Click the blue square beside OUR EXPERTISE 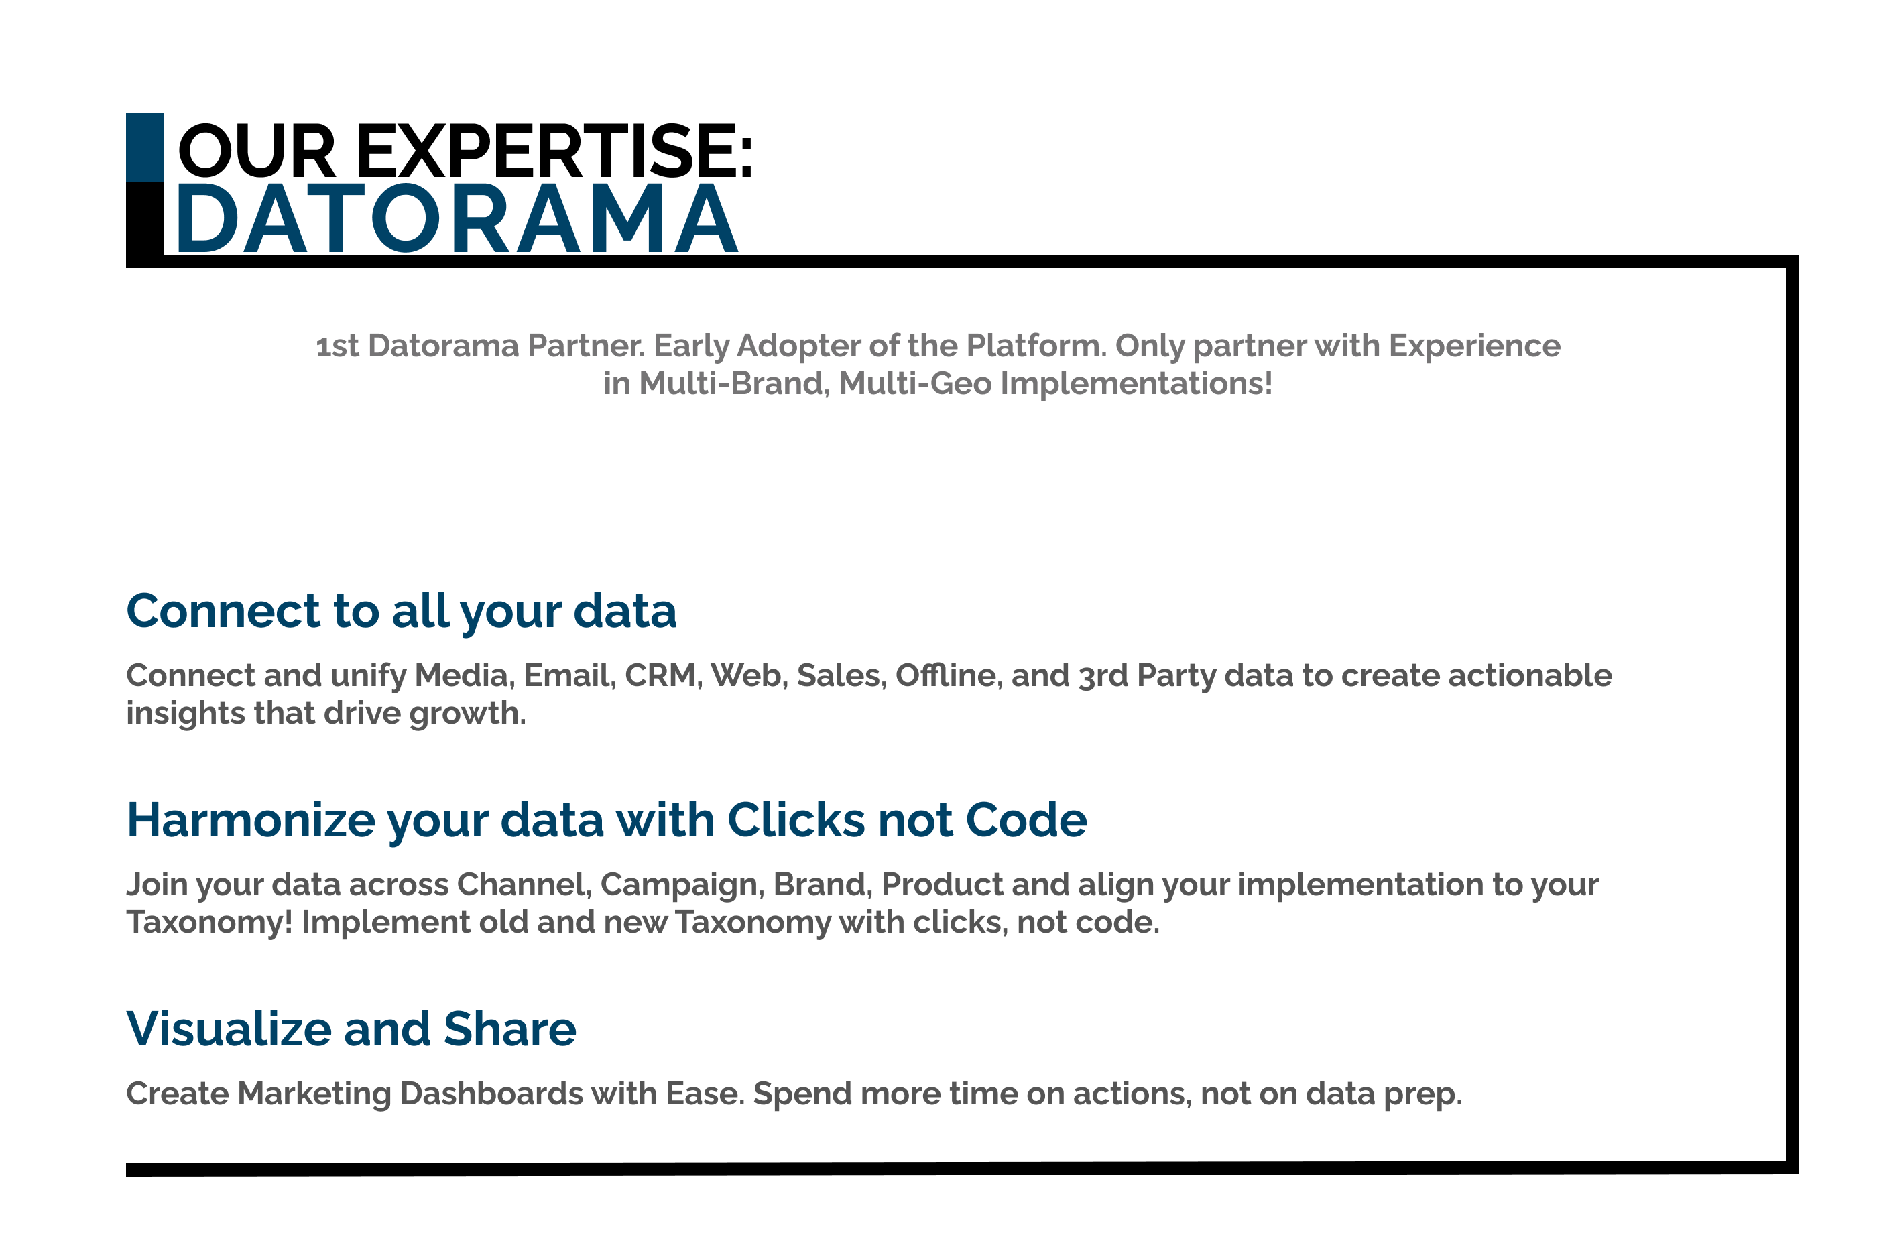pos(144,147)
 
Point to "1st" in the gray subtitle pos(337,346)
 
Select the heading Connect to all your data pos(402,612)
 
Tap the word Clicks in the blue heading pos(796,820)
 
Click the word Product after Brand pos(942,885)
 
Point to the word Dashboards pos(491,1094)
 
